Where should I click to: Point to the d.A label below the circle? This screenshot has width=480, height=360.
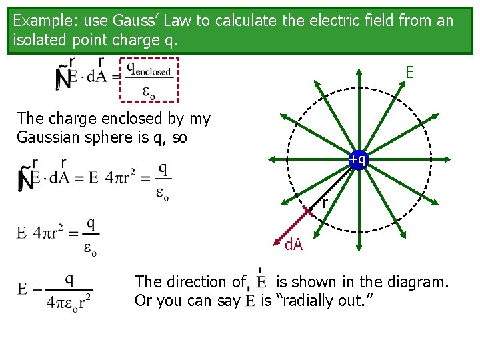tap(293, 245)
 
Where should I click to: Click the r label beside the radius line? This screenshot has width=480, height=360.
tap(325, 203)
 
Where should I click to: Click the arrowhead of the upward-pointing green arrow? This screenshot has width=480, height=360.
tap(358, 71)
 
